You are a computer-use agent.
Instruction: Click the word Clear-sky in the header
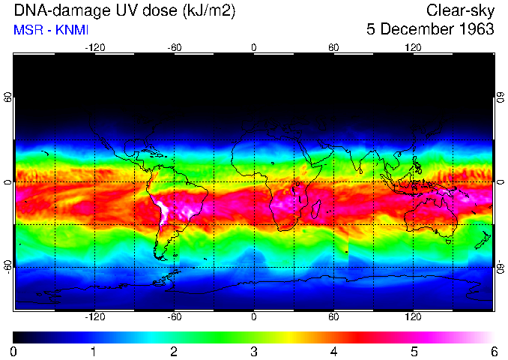[x=460, y=10]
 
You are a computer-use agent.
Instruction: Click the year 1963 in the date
[x=472, y=30]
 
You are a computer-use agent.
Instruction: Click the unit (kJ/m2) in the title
[x=213, y=10]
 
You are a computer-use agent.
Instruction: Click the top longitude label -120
[x=94, y=47]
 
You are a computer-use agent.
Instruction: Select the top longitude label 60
[x=333, y=47]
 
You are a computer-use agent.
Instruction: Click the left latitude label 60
[x=8, y=100]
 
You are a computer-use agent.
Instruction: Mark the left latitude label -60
[x=8, y=265]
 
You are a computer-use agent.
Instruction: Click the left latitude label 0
[x=8, y=182]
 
